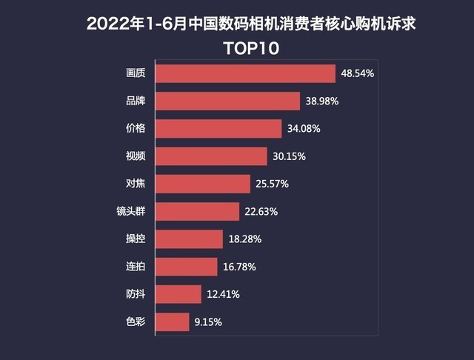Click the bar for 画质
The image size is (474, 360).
coord(245,73)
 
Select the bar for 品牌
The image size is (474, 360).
coord(227,101)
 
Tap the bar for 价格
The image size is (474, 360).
coord(218,128)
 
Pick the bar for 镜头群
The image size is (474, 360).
coord(197,212)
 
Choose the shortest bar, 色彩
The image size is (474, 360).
coord(172,321)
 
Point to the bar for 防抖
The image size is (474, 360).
coord(178,294)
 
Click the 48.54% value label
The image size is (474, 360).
coord(357,74)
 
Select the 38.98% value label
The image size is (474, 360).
coord(321,101)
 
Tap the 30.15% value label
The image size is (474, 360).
coord(288,156)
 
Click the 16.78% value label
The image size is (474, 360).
coord(238,267)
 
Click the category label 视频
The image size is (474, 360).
coord(136,156)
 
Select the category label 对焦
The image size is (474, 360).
coord(136,184)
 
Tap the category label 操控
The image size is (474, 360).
coord(136,239)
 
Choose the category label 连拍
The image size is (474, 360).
coord(136,266)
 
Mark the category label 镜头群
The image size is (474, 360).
coord(131,211)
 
